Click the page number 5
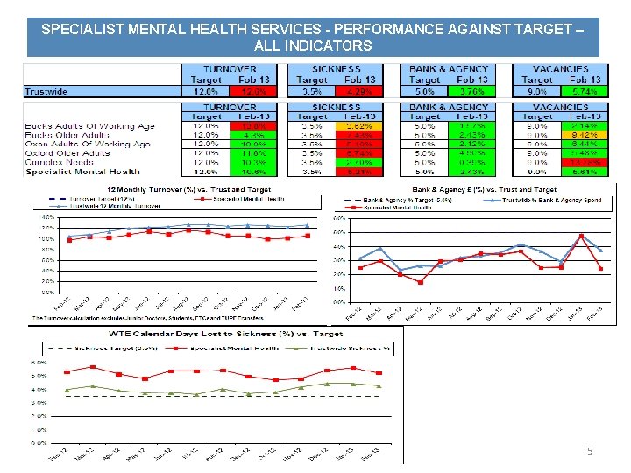pyautogui.click(x=590, y=451)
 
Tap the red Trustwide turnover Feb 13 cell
pyautogui.click(x=253, y=91)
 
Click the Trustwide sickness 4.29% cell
pyautogui.click(x=360, y=91)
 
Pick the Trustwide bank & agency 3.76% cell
pyautogui.click(x=471, y=91)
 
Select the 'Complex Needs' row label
pyautogui.click(x=62, y=162)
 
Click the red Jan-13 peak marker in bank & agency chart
pyautogui.click(x=580, y=236)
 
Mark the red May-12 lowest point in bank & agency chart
pyautogui.click(x=421, y=282)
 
